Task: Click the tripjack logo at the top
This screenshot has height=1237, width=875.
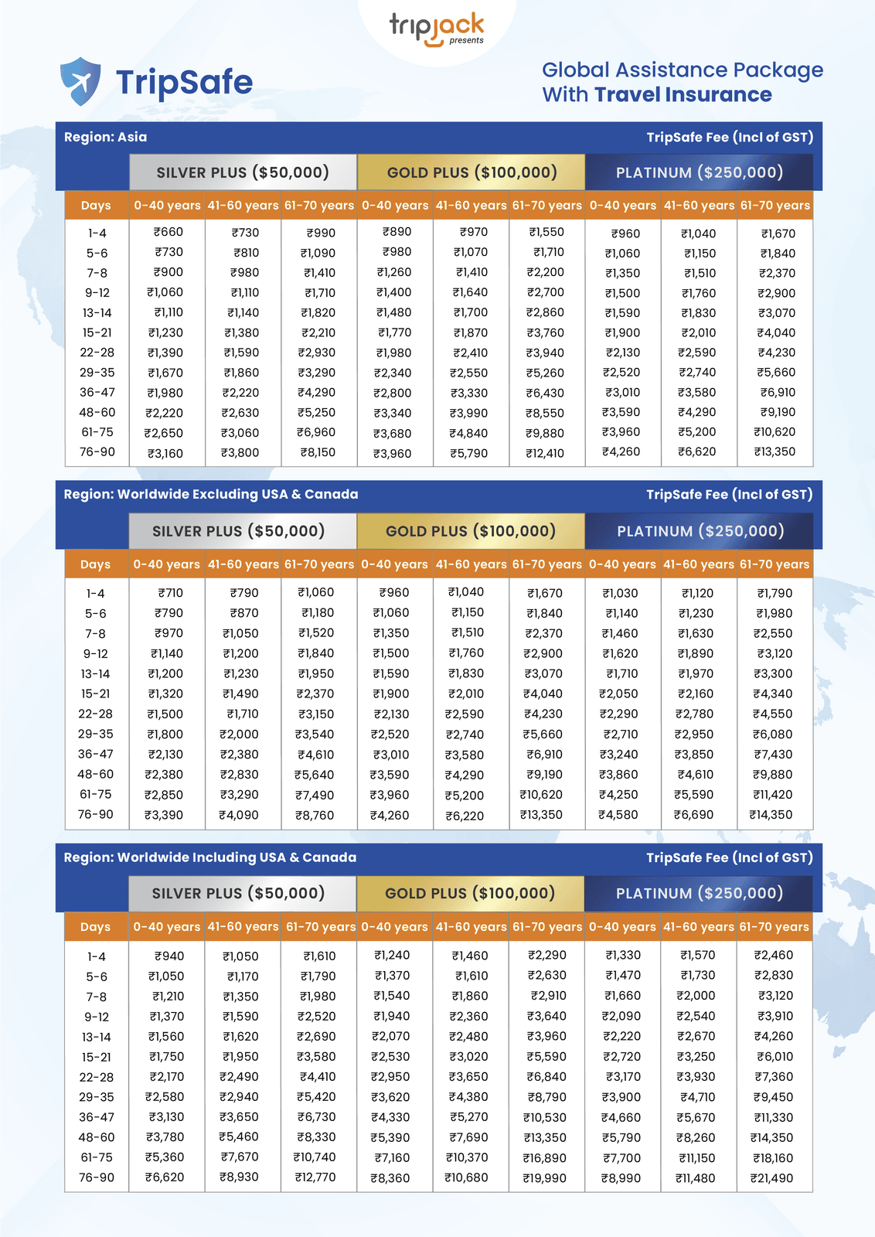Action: point(437,28)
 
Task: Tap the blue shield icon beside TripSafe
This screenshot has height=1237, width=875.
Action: point(80,81)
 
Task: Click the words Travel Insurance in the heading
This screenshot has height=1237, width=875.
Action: point(683,95)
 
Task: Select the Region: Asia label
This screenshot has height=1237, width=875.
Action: point(105,137)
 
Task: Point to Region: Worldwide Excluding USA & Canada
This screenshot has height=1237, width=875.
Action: point(211,494)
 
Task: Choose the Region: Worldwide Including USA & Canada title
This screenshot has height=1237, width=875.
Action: point(209,857)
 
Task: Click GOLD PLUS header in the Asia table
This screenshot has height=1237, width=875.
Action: point(472,172)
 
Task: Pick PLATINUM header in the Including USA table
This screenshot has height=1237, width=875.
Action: point(699,894)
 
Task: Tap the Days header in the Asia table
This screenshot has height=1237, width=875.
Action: point(96,206)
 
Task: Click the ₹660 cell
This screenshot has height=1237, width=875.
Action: point(169,232)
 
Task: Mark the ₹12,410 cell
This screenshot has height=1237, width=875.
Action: point(545,453)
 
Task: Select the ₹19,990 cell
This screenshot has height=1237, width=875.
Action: point(545,1178)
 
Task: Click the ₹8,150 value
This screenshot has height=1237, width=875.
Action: point(317,452)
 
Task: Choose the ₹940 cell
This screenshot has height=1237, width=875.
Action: point(169,956)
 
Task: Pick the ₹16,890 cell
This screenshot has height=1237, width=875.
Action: point(545,1158)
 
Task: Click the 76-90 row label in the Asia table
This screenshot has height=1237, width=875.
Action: point(97,452)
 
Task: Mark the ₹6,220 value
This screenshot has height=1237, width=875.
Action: point(465,816)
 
